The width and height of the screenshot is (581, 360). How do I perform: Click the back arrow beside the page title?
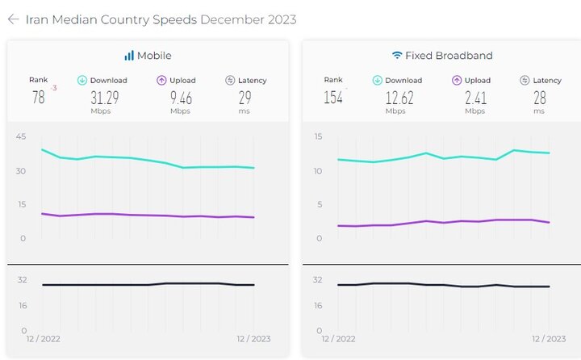pos(13,19)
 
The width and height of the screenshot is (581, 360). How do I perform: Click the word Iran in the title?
pos(38,19)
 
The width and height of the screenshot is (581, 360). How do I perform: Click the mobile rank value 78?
pos(38,98)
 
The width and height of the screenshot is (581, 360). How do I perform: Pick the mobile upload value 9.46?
pos(180,98)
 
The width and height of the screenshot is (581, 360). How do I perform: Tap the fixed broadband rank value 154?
pos(333,98)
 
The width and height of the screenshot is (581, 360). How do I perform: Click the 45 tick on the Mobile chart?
pos(21,136)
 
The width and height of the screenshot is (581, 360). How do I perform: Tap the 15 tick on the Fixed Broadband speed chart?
pos(318,136)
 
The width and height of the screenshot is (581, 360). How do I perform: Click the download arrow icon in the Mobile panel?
pos(82,80)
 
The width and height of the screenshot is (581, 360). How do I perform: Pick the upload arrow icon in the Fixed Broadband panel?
pos(457,80)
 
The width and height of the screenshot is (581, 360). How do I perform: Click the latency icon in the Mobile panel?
pos(230,80)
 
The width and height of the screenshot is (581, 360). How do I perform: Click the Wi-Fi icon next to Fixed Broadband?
pos(397,56)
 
